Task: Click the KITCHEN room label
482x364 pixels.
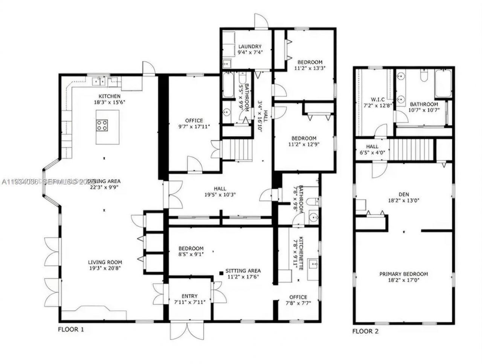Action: pos(109,96)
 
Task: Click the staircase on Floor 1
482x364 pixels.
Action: pos(237,149)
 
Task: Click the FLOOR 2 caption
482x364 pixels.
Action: pos(365,331)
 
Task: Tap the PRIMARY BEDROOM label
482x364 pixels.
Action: pos(403,274)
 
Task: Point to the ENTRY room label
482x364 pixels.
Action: pos(189,296)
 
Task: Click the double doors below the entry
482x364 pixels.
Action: pos(187,330)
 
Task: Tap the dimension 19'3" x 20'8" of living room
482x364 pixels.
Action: pos(105,268)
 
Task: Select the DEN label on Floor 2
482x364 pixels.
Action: pos(403,195)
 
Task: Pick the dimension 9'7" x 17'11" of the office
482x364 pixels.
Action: pos(194,127)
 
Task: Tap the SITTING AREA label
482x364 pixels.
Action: pos(243,271)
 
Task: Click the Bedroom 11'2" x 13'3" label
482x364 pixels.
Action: pos(310,62)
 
